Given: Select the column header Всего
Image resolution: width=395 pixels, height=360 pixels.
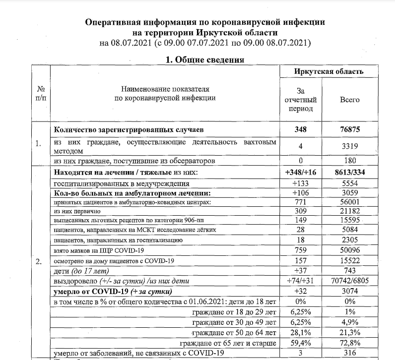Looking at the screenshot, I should [x=349, y=100].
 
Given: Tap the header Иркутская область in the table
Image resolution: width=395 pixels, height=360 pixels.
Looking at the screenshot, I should [x=329, y=71].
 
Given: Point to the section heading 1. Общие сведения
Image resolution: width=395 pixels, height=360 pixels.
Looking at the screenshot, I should [x=204, y=60].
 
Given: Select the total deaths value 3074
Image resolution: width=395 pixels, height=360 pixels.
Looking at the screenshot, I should [x=349, y=291].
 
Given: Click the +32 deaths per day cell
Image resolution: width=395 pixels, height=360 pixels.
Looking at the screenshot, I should [x=300, y=291].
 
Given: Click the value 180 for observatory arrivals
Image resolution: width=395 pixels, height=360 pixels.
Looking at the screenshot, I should [x=349, y=161].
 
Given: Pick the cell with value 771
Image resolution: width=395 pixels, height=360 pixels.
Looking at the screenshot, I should [x=300, y=202].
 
